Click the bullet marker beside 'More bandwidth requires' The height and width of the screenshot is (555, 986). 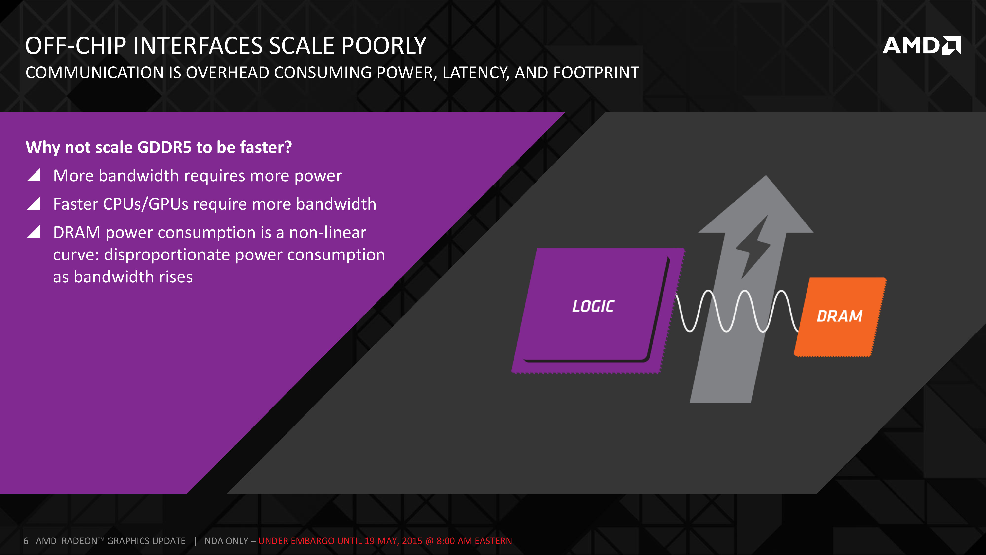click(34, 175)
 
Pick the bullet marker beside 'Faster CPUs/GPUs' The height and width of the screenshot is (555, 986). click(34, 203)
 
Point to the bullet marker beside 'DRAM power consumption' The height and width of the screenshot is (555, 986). click(34, 232)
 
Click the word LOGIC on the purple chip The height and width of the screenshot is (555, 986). click(593, 306)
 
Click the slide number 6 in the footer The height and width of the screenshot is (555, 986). click(26, 541)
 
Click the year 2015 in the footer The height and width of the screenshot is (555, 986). click(412, 541)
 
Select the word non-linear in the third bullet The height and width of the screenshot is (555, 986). click(328, 233)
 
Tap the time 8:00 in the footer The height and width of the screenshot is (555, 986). click(445, 541)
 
